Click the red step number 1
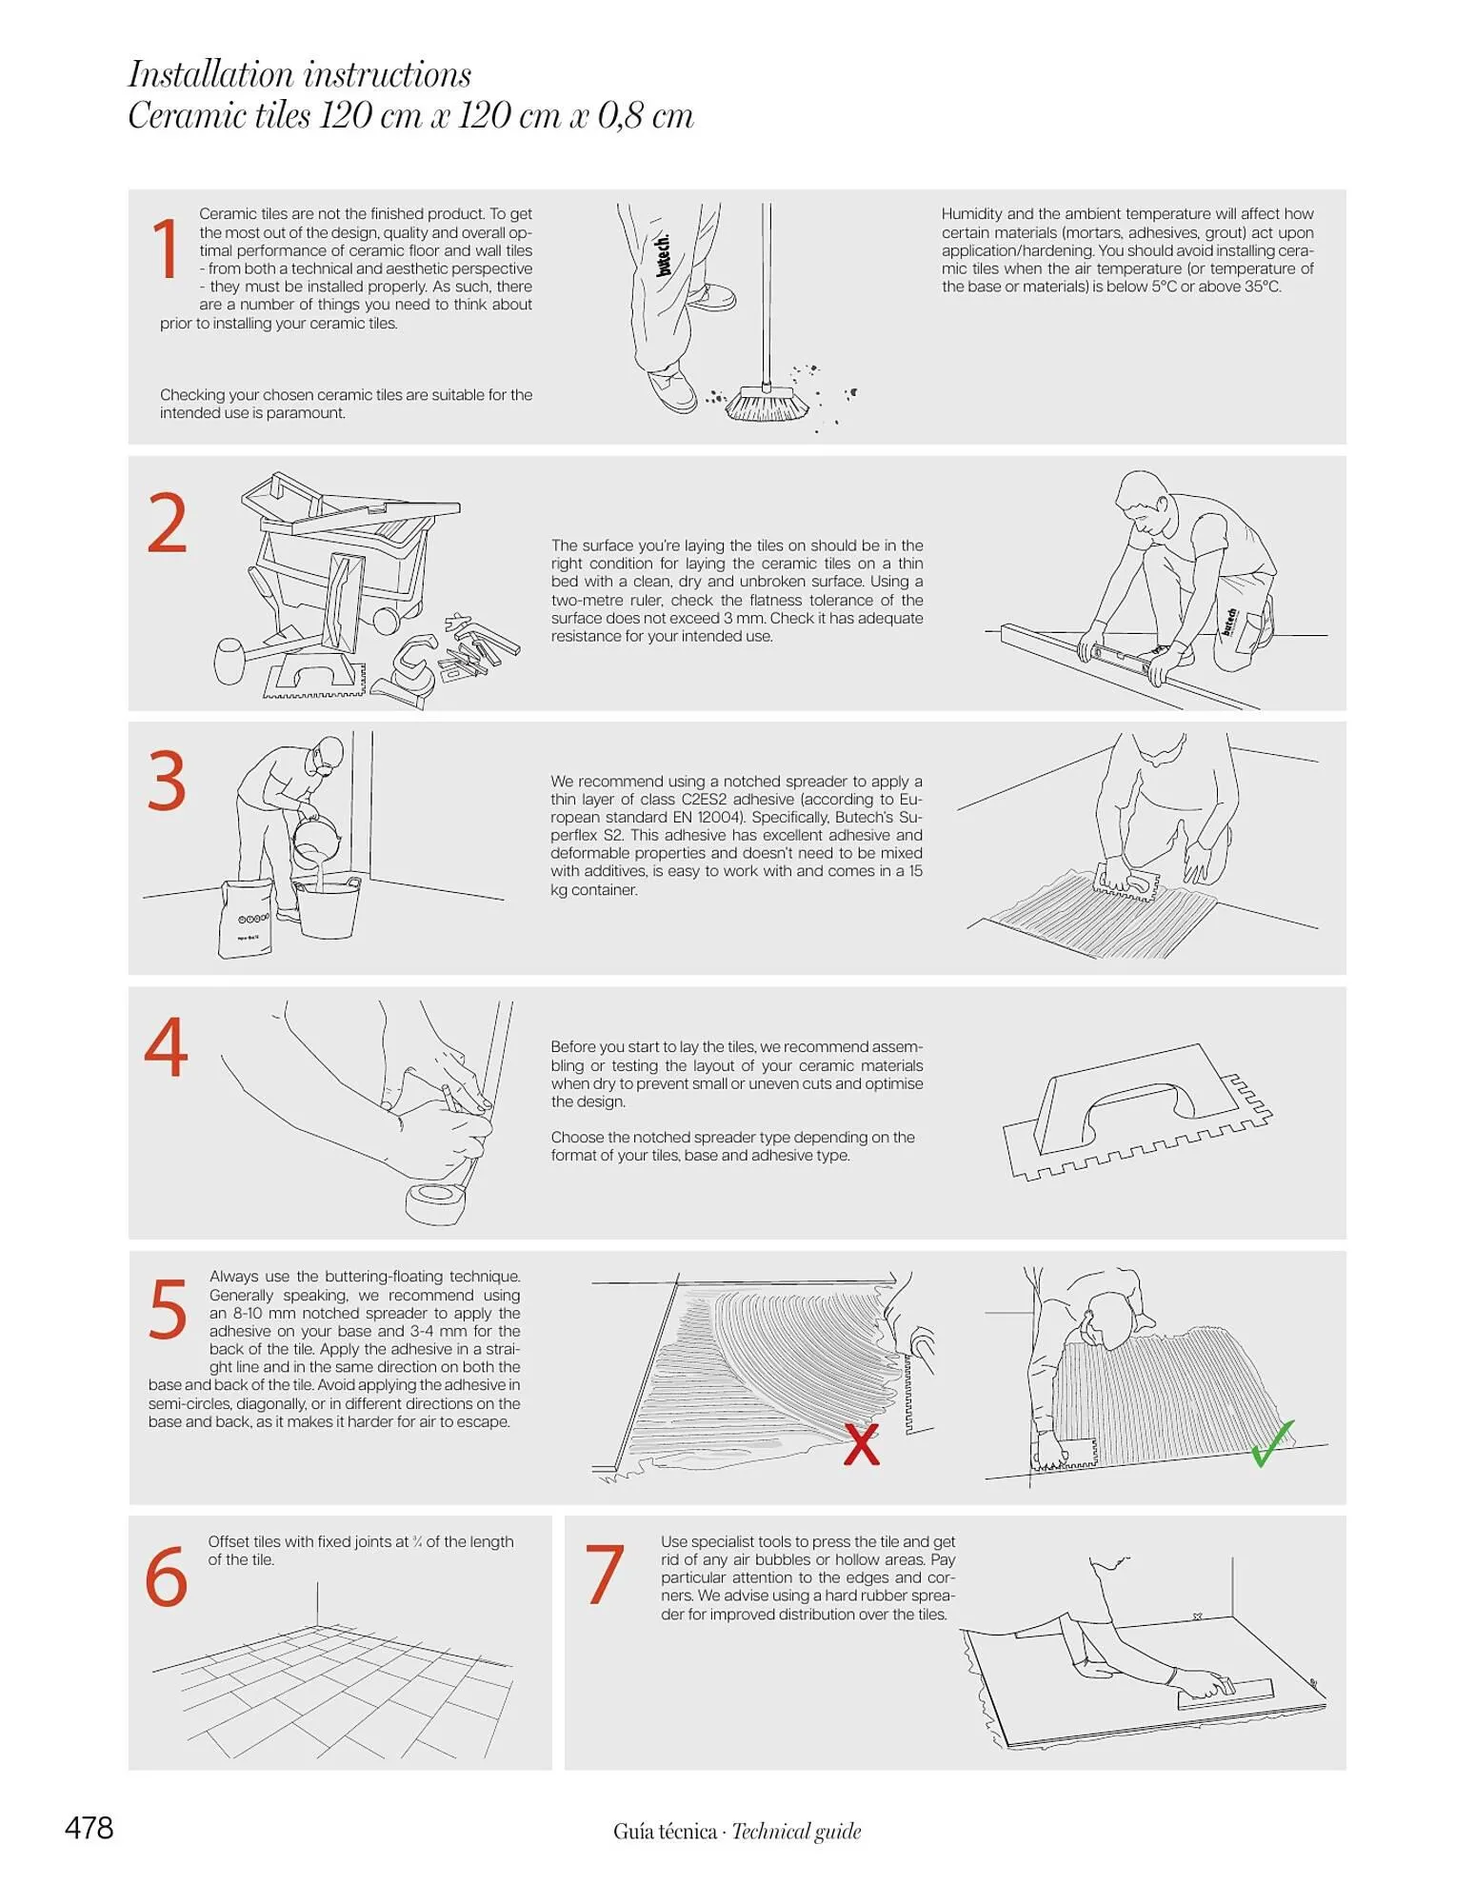167,248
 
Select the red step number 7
605,1575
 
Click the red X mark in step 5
862,1444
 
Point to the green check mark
1271,1442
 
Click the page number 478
90,1828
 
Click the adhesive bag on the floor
246,918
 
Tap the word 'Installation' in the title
211,74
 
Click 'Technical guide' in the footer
796,1831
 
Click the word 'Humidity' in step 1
971,214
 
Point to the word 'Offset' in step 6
229,1541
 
